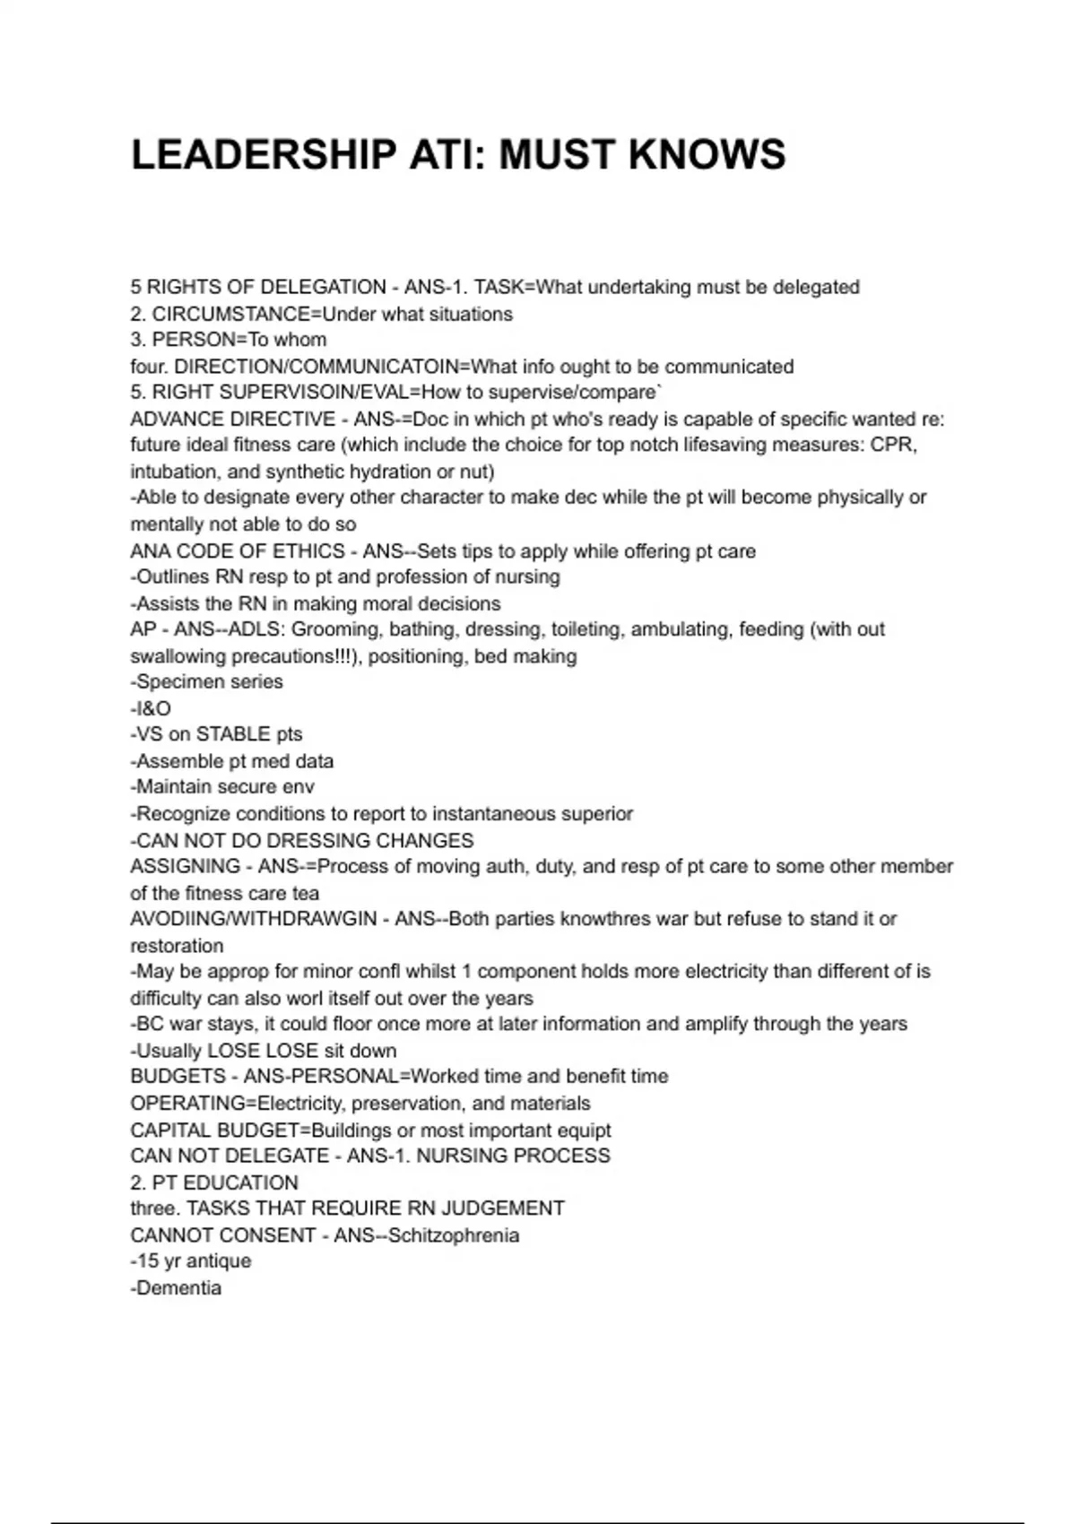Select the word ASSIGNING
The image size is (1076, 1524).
pos(186,866)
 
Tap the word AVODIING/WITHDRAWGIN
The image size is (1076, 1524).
pos(254,919)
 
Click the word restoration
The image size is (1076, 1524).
pos(177,946)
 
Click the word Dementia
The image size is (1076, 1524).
pos(178,1287)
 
